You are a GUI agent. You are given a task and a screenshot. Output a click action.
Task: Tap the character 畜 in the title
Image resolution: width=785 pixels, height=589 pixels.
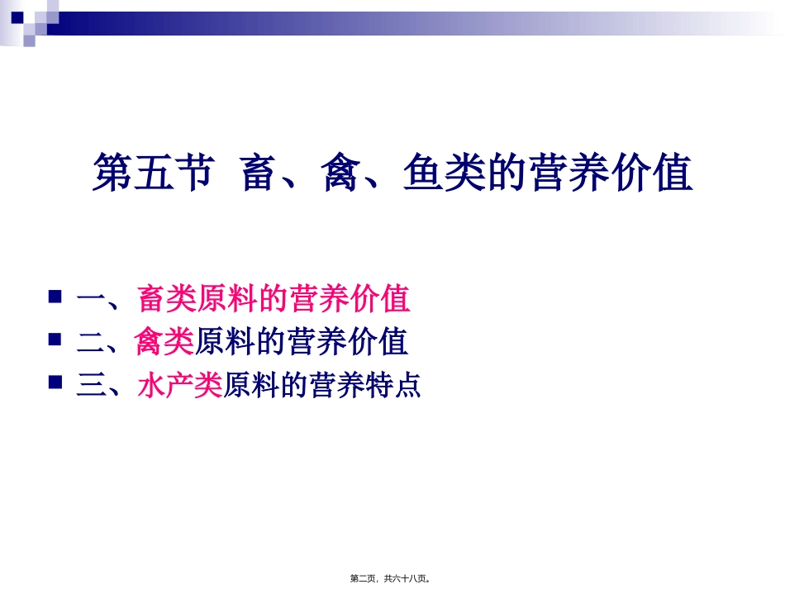(259, 173)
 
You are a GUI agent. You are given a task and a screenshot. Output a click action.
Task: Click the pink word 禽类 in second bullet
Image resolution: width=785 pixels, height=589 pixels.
(164, 342)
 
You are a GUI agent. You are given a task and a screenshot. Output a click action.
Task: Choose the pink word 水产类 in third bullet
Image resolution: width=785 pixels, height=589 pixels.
(179, 386)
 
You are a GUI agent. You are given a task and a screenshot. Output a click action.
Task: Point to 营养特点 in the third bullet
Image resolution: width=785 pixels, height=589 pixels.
(364, 386)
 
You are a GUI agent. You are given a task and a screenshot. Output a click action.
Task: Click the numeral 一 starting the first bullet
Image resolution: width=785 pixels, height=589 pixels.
(90, 299)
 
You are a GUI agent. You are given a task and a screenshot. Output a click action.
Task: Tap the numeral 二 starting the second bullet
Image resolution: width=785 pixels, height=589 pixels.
(90, 342)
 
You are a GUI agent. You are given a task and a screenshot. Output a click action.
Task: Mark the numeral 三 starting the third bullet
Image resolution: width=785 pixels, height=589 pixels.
(90, 386)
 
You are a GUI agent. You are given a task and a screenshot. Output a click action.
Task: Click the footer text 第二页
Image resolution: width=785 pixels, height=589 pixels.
(365, 579)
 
